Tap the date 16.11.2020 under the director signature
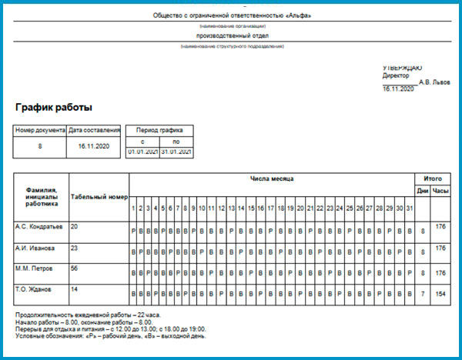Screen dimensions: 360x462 pos(399,89)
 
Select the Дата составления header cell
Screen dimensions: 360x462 pos(94,130)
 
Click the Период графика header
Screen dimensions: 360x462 pos(159,130)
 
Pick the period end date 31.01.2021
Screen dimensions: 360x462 pos(176,152)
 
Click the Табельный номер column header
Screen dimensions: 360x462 pos(98,195)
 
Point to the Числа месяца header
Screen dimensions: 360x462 pos(271,178)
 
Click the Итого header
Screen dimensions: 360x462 pos(433,178)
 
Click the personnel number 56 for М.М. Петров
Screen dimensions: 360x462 pos(75,268)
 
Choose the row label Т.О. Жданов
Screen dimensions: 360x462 pos(34,288)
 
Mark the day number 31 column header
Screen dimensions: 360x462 pos(410,208)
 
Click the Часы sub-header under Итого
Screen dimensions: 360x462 pos(440,190)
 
